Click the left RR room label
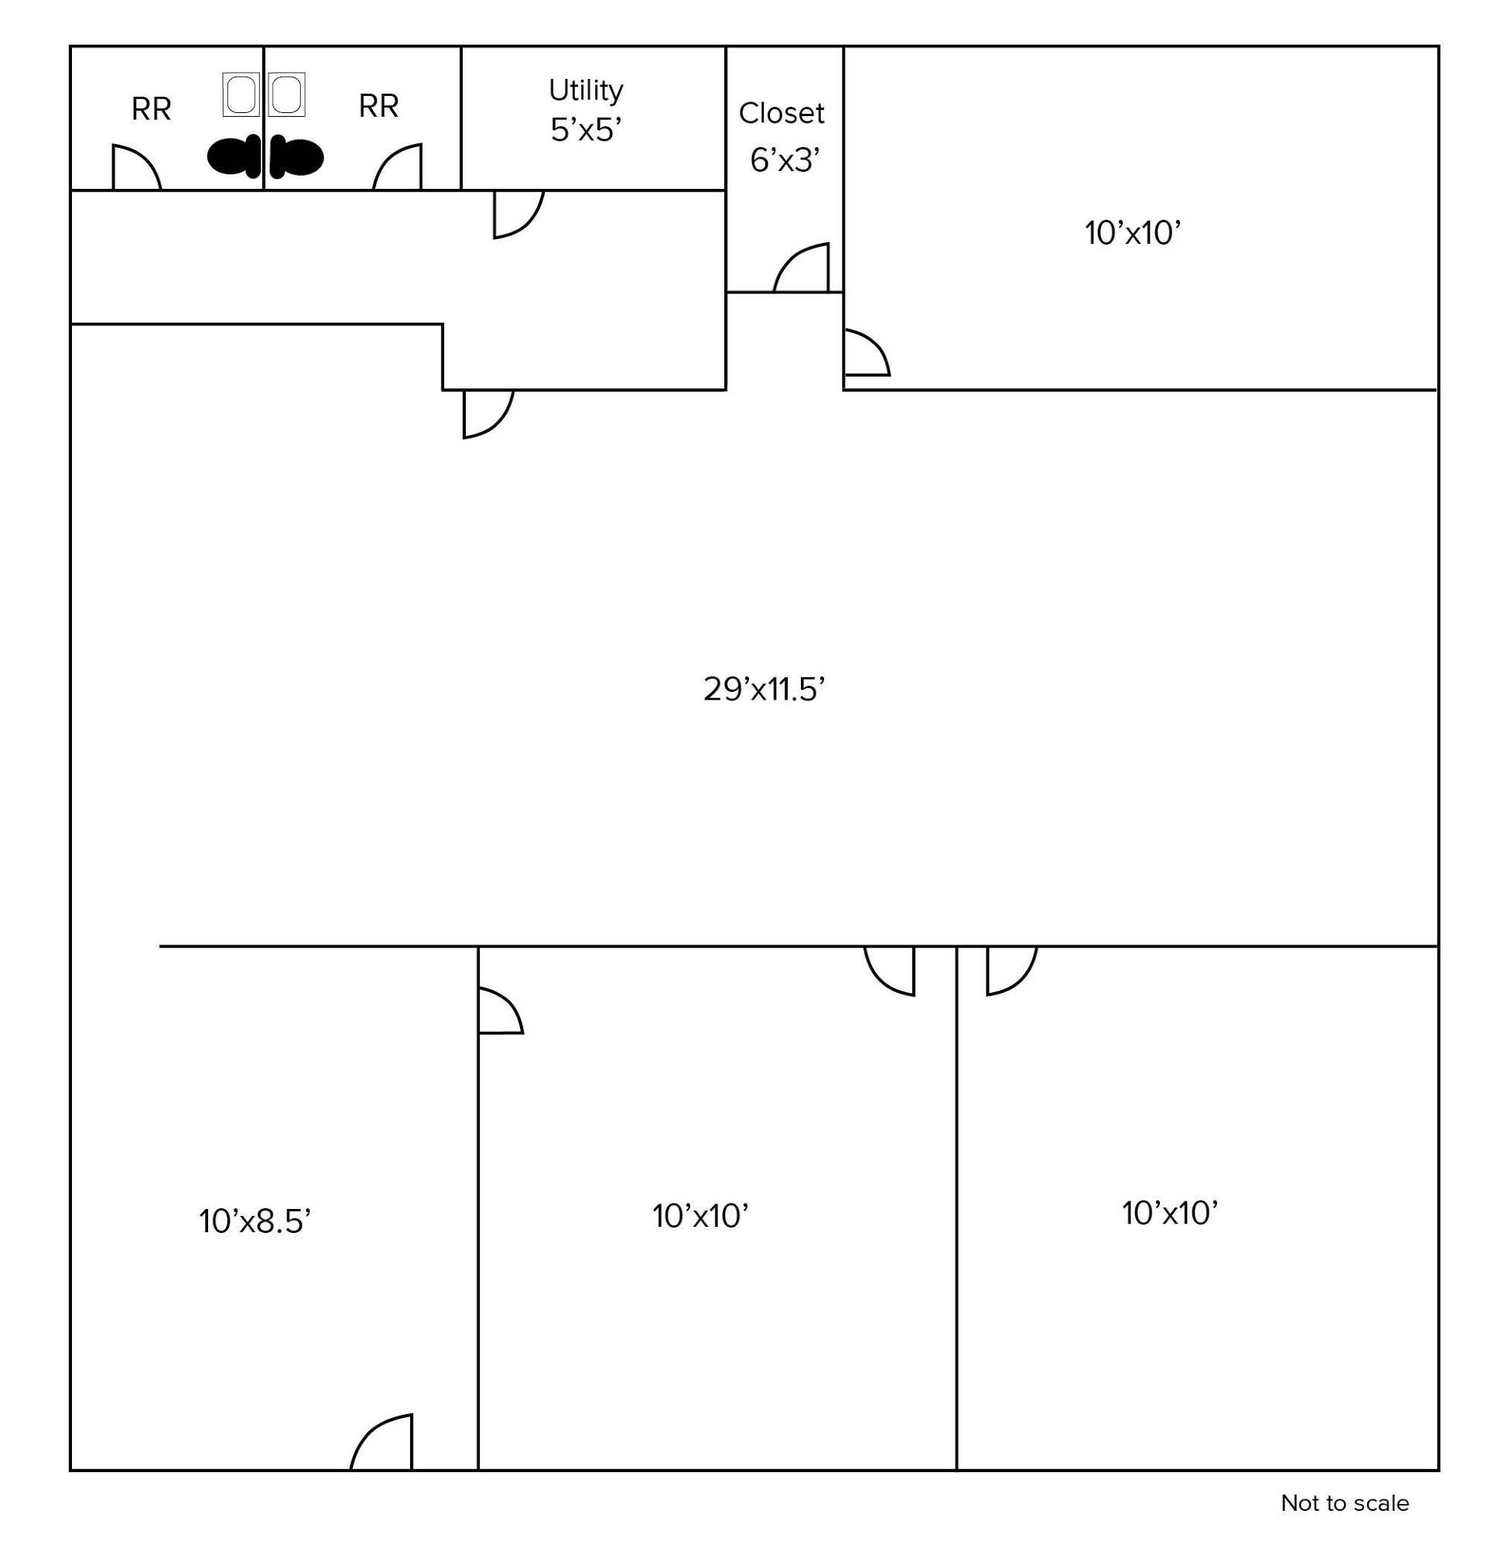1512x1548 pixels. click(151, 109)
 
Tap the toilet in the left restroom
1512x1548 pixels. click(234, 156)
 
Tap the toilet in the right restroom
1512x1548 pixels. click(296, 156)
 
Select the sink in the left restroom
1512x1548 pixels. click(241, 94)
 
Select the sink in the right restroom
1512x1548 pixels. click(286, 94)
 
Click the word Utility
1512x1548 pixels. click(586, 91)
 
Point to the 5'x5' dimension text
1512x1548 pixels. click(585, 129)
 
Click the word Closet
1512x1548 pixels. click(782, 114)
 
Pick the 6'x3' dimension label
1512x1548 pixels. click(785, 161)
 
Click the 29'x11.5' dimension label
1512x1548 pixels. click(764, 690)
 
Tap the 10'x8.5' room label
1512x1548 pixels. click(254, 1221)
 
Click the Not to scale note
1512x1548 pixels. click(1344, 1503)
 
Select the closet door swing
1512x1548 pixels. click(801, 268)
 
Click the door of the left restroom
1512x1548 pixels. click(137, 166)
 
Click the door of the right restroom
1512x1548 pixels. click(397, 166)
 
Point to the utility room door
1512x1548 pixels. click(518, 214)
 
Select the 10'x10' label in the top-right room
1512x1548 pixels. click(1132, 234)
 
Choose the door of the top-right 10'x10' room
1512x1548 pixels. click(867, 352)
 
